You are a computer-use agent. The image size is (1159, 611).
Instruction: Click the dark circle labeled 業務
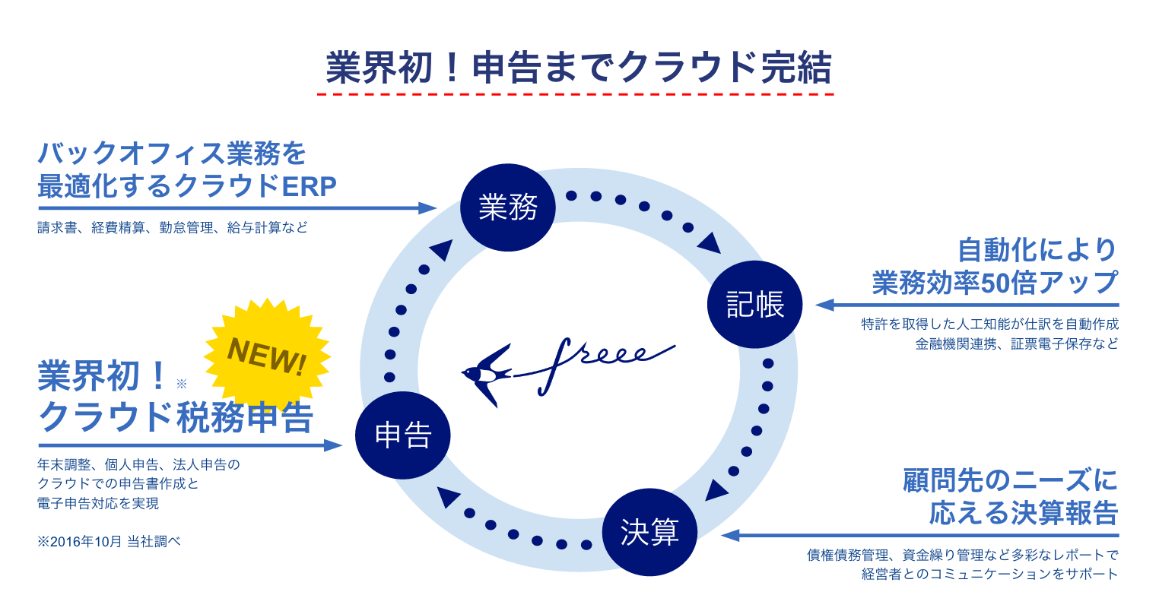(x=508, y=206)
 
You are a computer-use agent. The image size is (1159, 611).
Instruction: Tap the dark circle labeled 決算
(x=649, y=531)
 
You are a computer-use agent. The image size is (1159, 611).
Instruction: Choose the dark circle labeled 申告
(x=403, y=435)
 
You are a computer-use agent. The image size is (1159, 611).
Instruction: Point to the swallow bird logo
(x=487, y=374)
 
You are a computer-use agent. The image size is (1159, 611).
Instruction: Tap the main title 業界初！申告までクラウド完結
(x=579, y=68)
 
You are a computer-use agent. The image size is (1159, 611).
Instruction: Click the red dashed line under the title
(x=576, y=94)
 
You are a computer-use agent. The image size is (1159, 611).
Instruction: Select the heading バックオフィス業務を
(x=172, y=154)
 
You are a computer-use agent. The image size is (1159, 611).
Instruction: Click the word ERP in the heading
(x=309, y=186)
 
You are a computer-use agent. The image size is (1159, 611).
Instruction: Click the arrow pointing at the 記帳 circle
(x=966, y=305)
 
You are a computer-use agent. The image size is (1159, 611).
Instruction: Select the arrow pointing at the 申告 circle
(x=190, y=445)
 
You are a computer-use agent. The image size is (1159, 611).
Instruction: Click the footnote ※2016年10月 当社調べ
(x=109, y=542)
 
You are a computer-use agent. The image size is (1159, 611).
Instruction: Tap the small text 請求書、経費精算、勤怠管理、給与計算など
(x=173, y=227)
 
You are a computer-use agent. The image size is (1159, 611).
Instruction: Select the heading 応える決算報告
(x=1024, y=513)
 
